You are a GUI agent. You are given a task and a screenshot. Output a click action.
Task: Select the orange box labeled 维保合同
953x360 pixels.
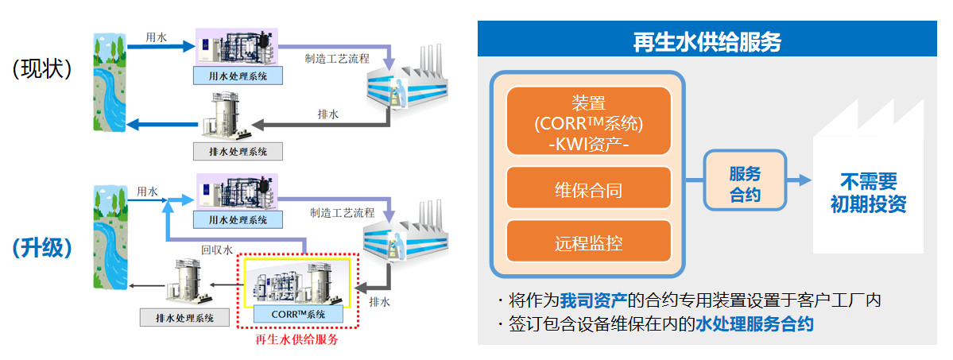coord(588,191)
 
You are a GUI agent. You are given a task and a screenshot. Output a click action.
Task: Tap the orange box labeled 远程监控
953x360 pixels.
coord(588,243)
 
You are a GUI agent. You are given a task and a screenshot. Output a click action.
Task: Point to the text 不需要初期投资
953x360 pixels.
coord(868,192)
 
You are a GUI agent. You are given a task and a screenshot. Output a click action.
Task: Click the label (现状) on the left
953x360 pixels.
coord(42,69)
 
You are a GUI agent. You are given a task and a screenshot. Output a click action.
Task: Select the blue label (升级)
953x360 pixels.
coord(42,248)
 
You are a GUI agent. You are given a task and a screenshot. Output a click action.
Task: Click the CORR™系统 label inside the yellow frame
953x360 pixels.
coord(298,313)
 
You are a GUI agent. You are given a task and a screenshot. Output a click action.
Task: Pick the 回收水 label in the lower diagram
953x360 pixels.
coord(217,250)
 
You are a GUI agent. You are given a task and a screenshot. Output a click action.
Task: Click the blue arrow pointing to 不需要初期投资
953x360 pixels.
coord(797,182)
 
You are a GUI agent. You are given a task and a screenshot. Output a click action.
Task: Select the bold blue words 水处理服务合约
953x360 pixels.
coord(754,324)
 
